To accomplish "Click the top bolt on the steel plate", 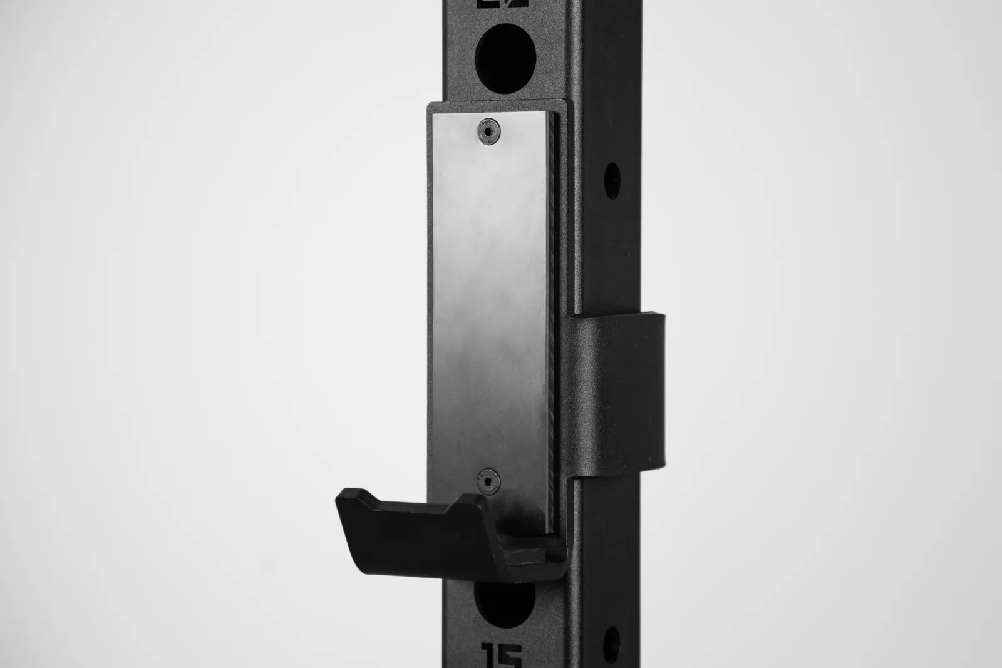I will pos(488,131).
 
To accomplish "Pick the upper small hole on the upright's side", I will pos(611,180).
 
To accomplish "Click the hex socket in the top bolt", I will pos(488,131).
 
